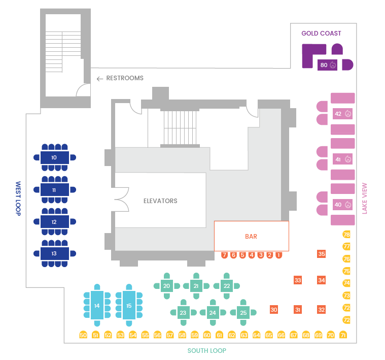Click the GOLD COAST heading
tap(321, 34)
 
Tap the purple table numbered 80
tap(327, 65)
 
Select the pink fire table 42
tap(342, 114)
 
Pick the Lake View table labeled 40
tap(342, 205)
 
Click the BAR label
tap(251, 237)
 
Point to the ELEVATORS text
tap(160, 201)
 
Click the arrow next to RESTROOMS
tap(100, 79)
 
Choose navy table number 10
tap(55, 157)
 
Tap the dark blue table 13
tap(55, 253)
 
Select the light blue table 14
tap(97, 305)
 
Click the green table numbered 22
tap(227, 286)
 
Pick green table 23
tap(183, 313)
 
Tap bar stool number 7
tap(224, 255)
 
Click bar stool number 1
tap(278, 255)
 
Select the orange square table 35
tap(322, 253)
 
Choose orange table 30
tap(274, 310)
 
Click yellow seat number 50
tap(83, 335)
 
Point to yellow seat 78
tap(346, 234)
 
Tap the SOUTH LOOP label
tap(207, 351)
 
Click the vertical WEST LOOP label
tap(18, 199)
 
